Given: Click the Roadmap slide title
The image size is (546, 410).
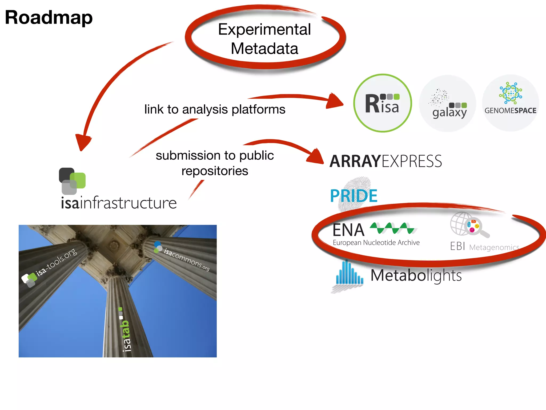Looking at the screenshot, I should pyautogui.click(x=49, y=18).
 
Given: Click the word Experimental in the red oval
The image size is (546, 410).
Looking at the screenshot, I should pyautogui.click(x=264, y=29).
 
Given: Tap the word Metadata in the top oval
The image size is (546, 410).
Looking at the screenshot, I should pyautogui.click(x=264, y=49).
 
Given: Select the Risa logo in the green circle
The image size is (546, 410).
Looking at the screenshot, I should pyautogui.click(x=382, y=104).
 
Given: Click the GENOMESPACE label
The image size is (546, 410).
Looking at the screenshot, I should pyautogui.click(x=510, y=111).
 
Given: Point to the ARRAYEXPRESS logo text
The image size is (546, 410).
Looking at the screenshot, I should pyautogui.click(x=386, y=161).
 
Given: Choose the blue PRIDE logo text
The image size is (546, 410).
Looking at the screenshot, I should pyautogui.click(x=354, y=196).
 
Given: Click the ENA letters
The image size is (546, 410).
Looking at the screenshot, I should pyautogui.click(x=348, y=230).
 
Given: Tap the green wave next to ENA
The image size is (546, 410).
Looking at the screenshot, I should pyautogui.click(x=393, y=228).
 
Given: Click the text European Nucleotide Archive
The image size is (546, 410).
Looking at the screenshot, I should pyautogui.click(x=376, y=243).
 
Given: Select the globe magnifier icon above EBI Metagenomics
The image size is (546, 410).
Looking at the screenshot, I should pyautogui.click(x=469, y=224).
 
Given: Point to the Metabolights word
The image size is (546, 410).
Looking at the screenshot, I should pyautogui.click(x=416, y=275).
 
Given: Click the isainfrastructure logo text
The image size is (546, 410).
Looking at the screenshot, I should pyautogui.click(x=119, y=203).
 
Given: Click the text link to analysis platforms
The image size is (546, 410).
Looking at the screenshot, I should pyautogui.click(x=215, y=109).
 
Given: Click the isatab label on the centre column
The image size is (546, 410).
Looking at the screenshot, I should pyautogui.click(x=126, y=335).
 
